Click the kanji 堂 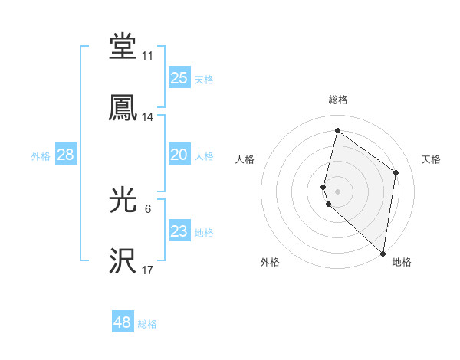(x=123, y=46)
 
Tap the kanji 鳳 (x=123, y=107)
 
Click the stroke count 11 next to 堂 (x=147, y=56)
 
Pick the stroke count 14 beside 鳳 (x=147, y=117)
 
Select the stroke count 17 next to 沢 (x=147, y=271)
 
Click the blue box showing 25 (x=179, y=78)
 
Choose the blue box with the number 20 (x=179, y=155)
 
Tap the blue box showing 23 (x=179, y=231)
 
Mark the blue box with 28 (x=65, y=155)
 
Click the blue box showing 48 (x=122, y=322)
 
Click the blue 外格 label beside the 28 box (x=41, y=156)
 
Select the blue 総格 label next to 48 (x=147, y=324)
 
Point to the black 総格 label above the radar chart (x=337, y=100)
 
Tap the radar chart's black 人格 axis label (x=245, y=159)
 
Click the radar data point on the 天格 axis (x=396, y=172)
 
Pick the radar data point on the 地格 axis (x=383, y=254)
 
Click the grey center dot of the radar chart (x=337, y=191)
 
